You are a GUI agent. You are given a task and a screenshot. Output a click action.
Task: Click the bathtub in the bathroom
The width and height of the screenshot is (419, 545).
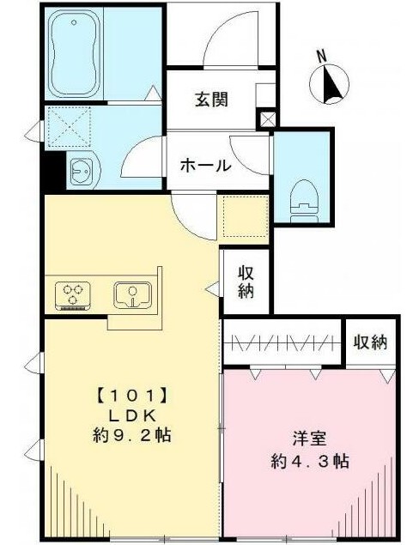point(74,54)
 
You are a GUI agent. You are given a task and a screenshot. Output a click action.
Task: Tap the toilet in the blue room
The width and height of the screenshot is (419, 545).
point(304,202)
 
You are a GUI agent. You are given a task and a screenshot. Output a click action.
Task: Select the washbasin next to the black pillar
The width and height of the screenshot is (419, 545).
point(84,171)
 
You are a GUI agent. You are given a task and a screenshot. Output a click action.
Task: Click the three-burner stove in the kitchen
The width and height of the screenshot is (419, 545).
point(73,295)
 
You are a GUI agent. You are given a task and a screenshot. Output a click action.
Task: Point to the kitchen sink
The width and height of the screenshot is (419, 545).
point(132,294)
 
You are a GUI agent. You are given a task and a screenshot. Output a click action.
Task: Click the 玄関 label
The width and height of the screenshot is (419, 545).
point(211,99)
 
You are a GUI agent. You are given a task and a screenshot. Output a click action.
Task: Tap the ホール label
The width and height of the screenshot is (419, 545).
point(206,165)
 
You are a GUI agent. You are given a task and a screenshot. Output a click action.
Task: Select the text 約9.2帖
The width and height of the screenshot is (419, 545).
point(131,434)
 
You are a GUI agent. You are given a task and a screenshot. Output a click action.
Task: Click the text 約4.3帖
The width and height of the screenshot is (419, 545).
point(310,461)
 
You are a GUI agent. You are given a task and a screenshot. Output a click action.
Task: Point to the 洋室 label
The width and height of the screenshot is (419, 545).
point(309,438)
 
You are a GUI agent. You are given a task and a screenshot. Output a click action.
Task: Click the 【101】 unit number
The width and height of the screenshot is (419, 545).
point(131,396)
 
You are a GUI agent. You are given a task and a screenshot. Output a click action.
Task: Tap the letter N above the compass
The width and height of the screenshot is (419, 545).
point(322,57)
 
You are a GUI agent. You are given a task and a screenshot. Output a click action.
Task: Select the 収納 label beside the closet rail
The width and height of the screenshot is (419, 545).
point(370,342)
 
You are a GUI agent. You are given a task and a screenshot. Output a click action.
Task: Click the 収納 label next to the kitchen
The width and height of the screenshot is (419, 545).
point(246,282)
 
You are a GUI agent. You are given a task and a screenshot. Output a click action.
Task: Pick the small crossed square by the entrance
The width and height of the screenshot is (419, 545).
point(267,119)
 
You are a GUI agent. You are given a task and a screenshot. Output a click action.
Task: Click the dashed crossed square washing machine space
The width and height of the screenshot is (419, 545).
point(70,127)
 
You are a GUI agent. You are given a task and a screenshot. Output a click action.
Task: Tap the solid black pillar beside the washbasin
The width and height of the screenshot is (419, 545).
point(55,171)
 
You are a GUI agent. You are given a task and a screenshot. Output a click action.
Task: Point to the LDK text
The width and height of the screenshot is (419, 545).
point(131,415)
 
